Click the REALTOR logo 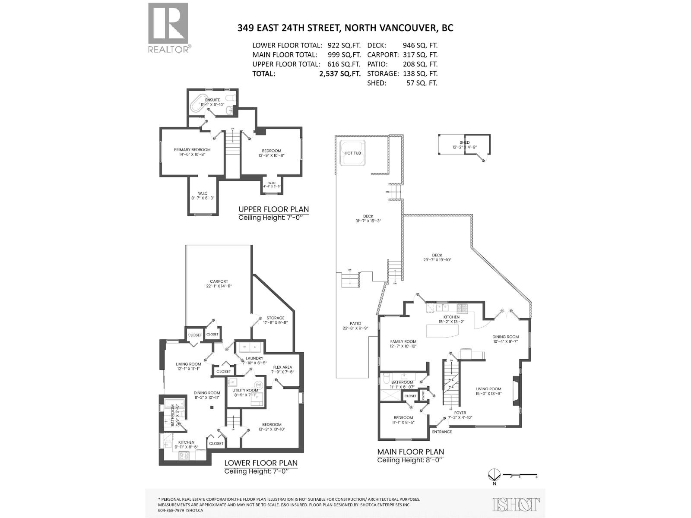[168, 28]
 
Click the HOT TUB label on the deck [352, 153]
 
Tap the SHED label [465, 142]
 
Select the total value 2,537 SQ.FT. [339, 73]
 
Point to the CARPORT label [219, 281]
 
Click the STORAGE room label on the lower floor [275, 318]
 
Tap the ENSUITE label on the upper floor [212, 100]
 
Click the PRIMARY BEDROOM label [192, 150]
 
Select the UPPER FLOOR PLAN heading [274, 209]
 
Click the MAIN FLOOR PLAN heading [410, 452]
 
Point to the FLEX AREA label [282, 367]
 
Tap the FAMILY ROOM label [403, 341]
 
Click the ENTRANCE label [442, 432]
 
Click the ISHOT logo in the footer [516, 504]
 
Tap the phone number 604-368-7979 [171, 510]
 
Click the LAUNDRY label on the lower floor [254, 358]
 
